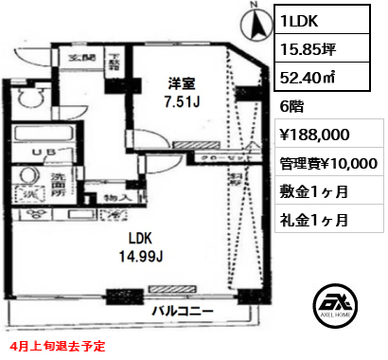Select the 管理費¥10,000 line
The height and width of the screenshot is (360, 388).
click(x=327, y=164)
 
